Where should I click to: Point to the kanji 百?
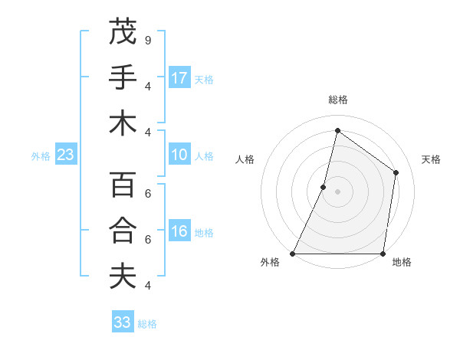123,186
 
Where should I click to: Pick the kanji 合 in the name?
123,231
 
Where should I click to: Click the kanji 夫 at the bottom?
123,277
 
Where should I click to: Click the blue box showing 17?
179,77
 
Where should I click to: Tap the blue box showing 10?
179,155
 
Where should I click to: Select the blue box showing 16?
179,231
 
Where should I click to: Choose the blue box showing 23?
65,155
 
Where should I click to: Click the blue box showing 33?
123,322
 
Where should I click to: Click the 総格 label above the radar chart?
337,100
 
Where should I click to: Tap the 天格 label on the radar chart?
431,159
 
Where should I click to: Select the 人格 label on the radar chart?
245,159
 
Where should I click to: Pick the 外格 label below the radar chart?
270,263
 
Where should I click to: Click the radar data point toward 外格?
293,254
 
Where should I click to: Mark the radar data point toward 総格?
337,130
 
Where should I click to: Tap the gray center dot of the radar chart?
337,191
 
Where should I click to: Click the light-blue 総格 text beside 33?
147,323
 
